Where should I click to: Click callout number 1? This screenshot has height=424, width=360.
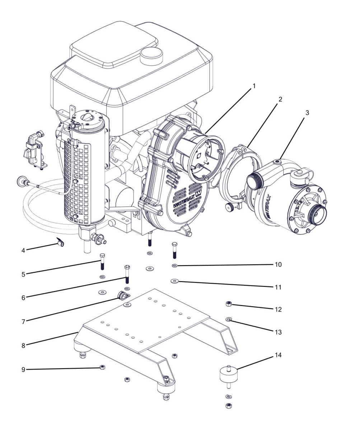[254, 86]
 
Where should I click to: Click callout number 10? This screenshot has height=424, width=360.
[278, 265]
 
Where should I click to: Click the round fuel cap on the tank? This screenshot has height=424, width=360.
[151, 56]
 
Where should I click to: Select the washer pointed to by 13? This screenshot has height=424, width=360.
[228, 319]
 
